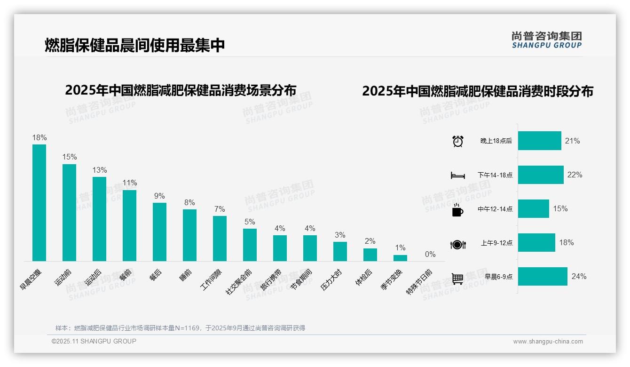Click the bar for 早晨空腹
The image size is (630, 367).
39,202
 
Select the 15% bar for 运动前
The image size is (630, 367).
70,212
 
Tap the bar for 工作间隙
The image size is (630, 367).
220,238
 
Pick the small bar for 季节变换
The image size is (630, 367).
400,258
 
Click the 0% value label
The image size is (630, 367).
430,255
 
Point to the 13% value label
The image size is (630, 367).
100,170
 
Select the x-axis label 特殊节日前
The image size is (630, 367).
419,282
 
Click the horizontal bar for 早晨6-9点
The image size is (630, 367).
543,277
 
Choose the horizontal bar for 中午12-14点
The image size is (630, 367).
534,209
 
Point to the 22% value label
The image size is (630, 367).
575,175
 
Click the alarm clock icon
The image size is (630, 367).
458,141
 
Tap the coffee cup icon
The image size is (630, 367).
457,210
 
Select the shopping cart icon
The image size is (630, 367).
457,279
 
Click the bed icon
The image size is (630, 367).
457,176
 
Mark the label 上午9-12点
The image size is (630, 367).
496,243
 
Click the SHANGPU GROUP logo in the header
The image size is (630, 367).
547,40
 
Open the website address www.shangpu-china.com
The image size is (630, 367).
548,342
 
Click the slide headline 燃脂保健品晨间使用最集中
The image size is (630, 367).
135,45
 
